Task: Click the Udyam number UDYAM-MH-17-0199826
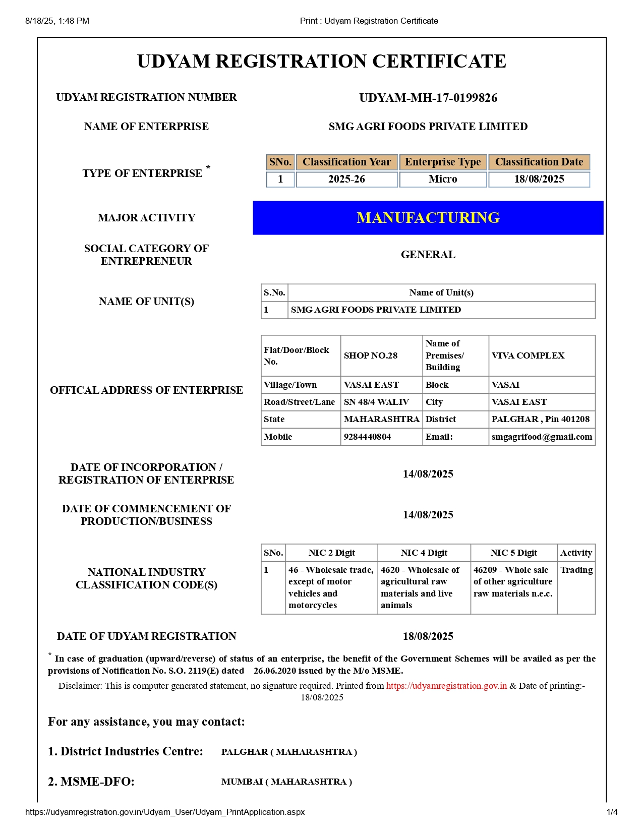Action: pyautogui.click(x=428, y=98)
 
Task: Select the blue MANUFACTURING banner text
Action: pyautogui.click(x=428, y=218)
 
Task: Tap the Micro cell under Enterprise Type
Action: pyautogui.click(x=443, y=179)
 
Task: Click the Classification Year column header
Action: pyautogui.click(x=346, y=162)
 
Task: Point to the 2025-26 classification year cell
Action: pyautogui.click(x=346, y=179)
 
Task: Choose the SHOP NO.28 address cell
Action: pyautogui.click(x=371, y=355)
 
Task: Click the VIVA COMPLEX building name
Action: pyautogui.click(x=528, y=355)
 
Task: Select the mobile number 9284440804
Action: pyautogui.click(x=367, y=437)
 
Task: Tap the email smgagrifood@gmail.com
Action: pyautogui.click(x=542, y=437)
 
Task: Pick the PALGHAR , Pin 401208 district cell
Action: pyautogui.click(x=540, y=419)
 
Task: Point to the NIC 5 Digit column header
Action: pyautogui.click(x=513, y=553)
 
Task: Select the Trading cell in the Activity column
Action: pyautogui.click(x=576, y=570)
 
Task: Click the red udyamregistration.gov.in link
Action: pyautogui.click(x=446, y=686)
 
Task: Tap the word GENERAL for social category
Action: pyautogui.click(x=428, y=255)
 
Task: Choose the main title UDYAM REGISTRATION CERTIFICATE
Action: pyautogui.click(x=321, y=61)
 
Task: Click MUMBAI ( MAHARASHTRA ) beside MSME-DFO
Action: pyautogui.click(x=286, y=782)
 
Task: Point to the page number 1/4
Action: pyautogui.click(x=612, y=812)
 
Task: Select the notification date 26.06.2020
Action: pyautogui.click(x=275, y=671)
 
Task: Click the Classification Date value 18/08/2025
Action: pyautogui.click(x=539, y=179)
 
